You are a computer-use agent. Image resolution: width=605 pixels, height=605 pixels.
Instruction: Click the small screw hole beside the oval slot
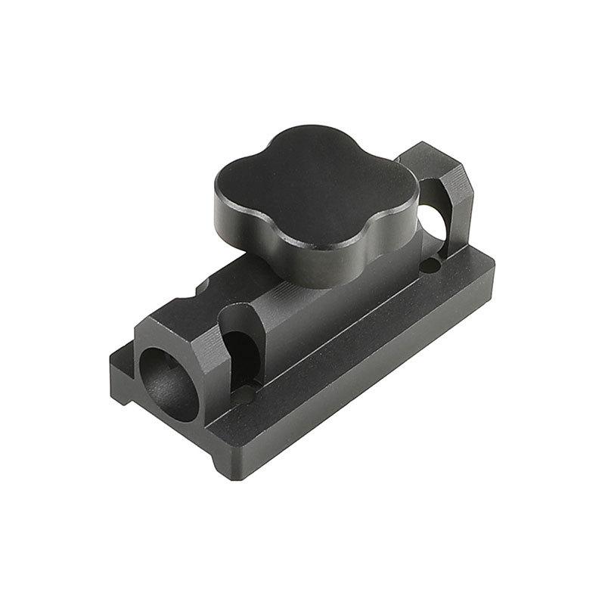[x=244, y=394]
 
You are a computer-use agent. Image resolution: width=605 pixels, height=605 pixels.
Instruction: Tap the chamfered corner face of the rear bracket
[x=463, y=193]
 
